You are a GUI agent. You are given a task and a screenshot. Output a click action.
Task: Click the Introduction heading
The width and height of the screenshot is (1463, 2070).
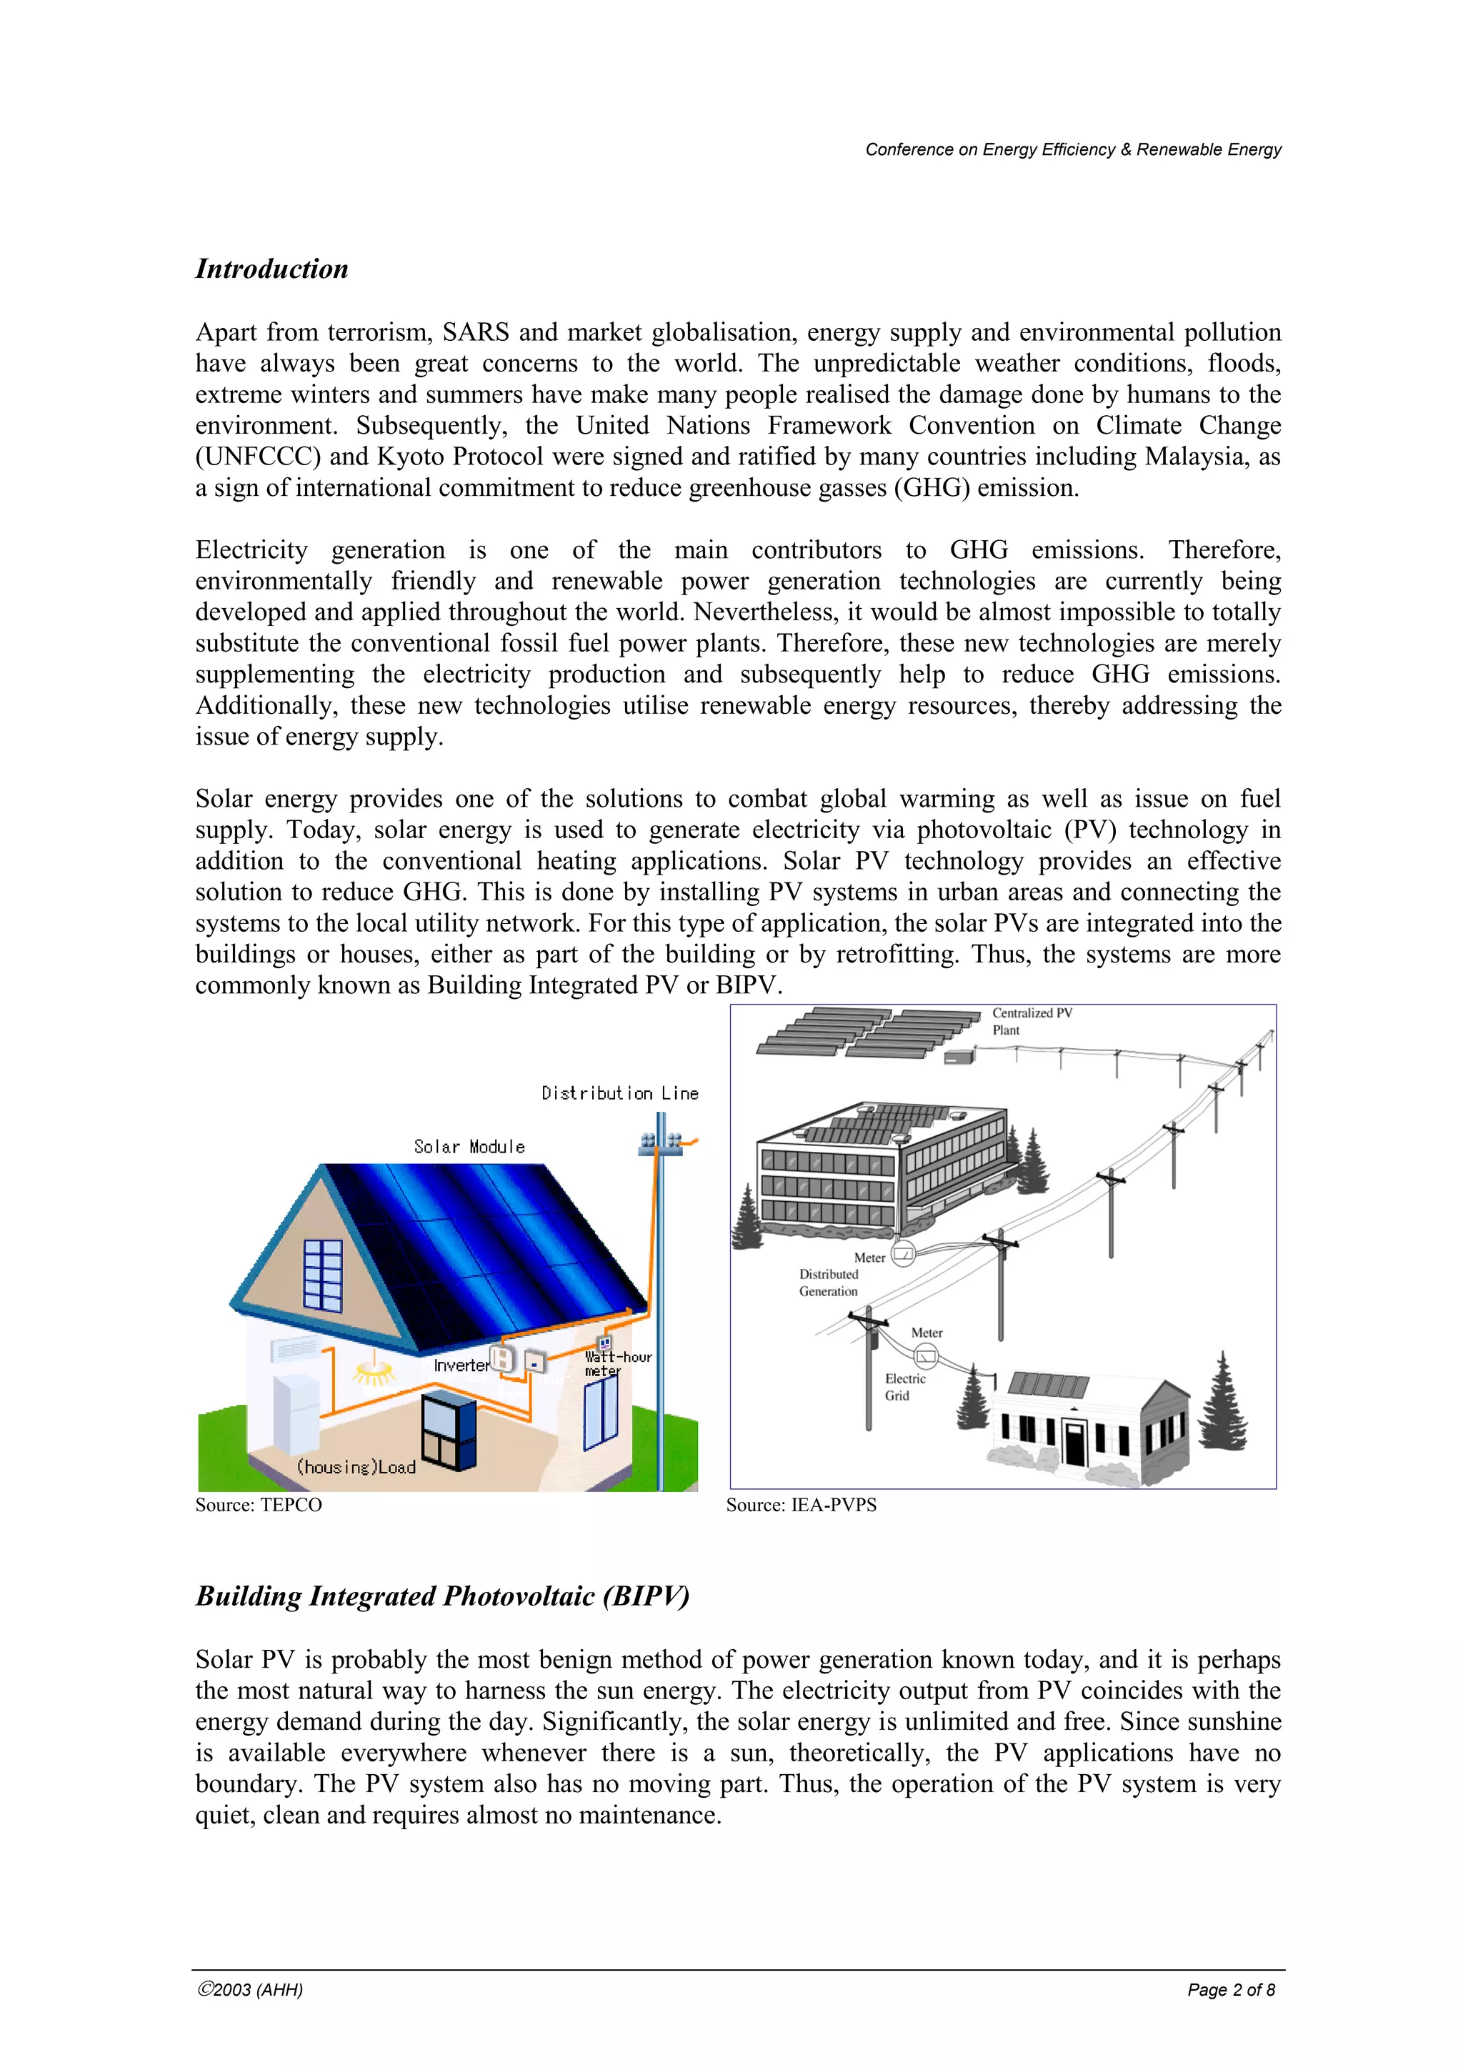[x=271, y=269]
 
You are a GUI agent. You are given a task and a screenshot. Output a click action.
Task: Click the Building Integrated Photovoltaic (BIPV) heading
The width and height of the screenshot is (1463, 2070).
[x=441, y=1596]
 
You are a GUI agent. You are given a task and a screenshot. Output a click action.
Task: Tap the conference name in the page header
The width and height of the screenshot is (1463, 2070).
[x=1073, y=149]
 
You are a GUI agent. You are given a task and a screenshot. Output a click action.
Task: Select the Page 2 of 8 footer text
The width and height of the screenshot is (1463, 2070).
[x=1230, y=1990]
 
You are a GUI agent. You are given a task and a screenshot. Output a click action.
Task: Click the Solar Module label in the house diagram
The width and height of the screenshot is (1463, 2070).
[x=469, y=1147]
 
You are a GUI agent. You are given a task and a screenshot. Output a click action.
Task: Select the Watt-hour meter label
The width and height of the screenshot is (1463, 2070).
[x=616, y=1363]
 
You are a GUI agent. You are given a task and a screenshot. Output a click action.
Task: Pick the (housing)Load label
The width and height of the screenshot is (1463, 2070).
[x=356, y=1468]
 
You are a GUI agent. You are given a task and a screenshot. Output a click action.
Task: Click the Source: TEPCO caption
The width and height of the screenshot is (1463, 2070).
[x=259, y=1505]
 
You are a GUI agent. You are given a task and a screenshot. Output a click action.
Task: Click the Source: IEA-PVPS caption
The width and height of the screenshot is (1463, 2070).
[x=801, y=1505]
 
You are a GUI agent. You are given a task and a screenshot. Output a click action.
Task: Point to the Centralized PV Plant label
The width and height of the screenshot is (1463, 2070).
[x=1032, y=1022]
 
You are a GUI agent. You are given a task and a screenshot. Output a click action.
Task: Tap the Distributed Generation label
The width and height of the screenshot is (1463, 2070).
[x=829, y=1283]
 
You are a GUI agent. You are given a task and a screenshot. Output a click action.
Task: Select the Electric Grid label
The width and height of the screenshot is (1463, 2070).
[x=904, y=1387]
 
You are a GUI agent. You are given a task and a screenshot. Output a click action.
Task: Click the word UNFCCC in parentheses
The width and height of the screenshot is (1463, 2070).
[x=258, y=457]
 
